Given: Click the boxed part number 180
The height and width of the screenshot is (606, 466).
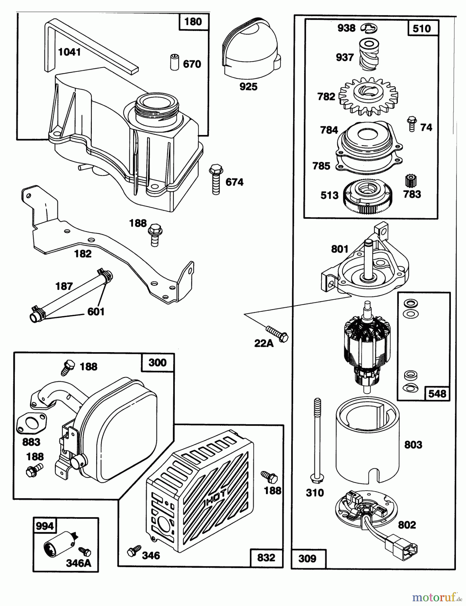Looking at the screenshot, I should point(193,22).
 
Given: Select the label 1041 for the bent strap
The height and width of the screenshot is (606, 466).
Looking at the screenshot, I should point(69,52).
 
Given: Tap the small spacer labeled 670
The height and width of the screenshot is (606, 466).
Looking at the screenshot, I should point(174,62).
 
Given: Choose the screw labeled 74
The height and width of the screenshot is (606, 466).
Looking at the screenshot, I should point(411,124).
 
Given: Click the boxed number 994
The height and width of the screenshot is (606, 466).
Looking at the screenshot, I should point(44,526).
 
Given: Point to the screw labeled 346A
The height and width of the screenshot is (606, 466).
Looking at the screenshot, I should point(84,551).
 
